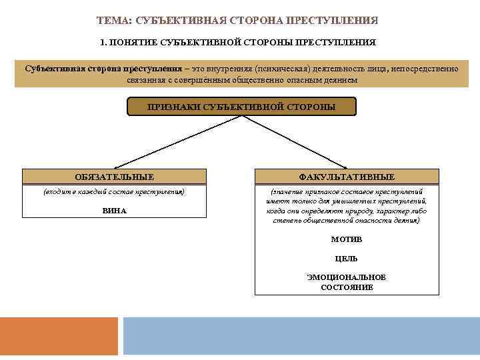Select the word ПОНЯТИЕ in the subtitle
[135, 43]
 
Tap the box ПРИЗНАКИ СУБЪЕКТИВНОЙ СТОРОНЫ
[241, 107]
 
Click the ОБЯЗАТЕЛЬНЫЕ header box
[114, 177]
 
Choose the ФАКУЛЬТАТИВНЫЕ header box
[347, 177]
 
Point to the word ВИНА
[114, 211]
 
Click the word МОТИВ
[347, 239]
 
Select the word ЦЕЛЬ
[347, 259]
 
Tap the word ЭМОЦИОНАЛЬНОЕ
[347, 277]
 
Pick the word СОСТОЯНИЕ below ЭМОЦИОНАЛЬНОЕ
[347, 287]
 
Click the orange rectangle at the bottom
[59, 336]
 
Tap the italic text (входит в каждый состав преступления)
[114, 192]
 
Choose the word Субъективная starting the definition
[51, 69]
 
